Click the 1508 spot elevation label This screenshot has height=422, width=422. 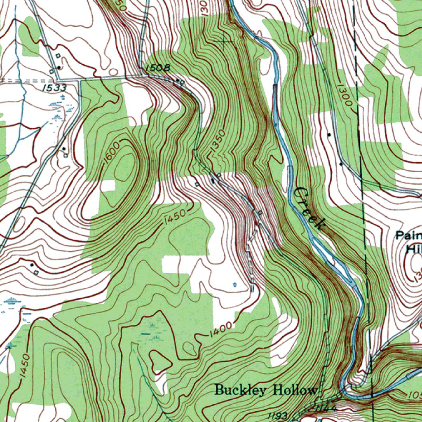point(157,68)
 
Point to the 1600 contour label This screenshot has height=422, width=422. point(112,152)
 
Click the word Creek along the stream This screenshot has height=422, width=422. point(309,208)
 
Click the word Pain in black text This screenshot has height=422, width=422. point(408,236)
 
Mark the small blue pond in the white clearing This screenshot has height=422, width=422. point(235,284)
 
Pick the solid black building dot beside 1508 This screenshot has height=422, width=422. point(177,80)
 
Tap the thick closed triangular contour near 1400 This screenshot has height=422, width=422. point(161,360)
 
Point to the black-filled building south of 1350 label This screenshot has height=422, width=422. point(213,181)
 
